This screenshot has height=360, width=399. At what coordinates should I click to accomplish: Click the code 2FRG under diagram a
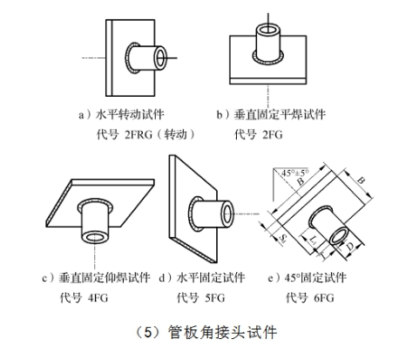(139, 134)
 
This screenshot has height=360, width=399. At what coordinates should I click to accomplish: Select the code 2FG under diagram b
(272, 134)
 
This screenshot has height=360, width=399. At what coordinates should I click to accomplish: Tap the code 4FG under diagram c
(98, 298)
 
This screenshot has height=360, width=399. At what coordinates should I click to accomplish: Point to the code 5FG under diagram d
(215, 298)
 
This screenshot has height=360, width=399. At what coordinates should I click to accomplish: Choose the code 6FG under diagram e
(324, 298)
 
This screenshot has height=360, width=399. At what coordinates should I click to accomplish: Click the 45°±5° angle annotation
(294, 173)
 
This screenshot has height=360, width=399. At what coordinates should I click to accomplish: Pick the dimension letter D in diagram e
(350, 247)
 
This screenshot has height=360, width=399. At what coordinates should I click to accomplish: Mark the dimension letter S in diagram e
(282, 238)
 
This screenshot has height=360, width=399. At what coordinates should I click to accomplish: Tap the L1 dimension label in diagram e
(314, 241)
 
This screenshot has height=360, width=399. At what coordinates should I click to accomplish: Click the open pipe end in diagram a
(160, 58)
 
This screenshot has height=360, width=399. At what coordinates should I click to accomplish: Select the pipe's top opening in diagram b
(267, 30)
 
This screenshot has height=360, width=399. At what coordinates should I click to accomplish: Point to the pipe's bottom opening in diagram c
(95, 237)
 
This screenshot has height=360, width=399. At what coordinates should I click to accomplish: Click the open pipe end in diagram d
(227, 214)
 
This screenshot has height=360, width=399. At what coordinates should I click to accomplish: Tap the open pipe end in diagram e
(340, 236)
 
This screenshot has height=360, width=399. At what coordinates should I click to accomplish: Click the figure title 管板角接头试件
(222, 332)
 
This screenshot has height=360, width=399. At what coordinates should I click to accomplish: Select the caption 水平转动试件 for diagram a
(130, 114)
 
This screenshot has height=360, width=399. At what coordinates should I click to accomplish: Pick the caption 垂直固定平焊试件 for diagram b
(280, 114)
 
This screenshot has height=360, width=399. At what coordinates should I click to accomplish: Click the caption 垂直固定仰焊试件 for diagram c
(105, 277)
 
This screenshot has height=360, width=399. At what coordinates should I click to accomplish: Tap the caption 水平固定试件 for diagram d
(211, 277)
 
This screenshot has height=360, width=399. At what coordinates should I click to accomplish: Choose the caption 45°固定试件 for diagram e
(315, 277)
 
